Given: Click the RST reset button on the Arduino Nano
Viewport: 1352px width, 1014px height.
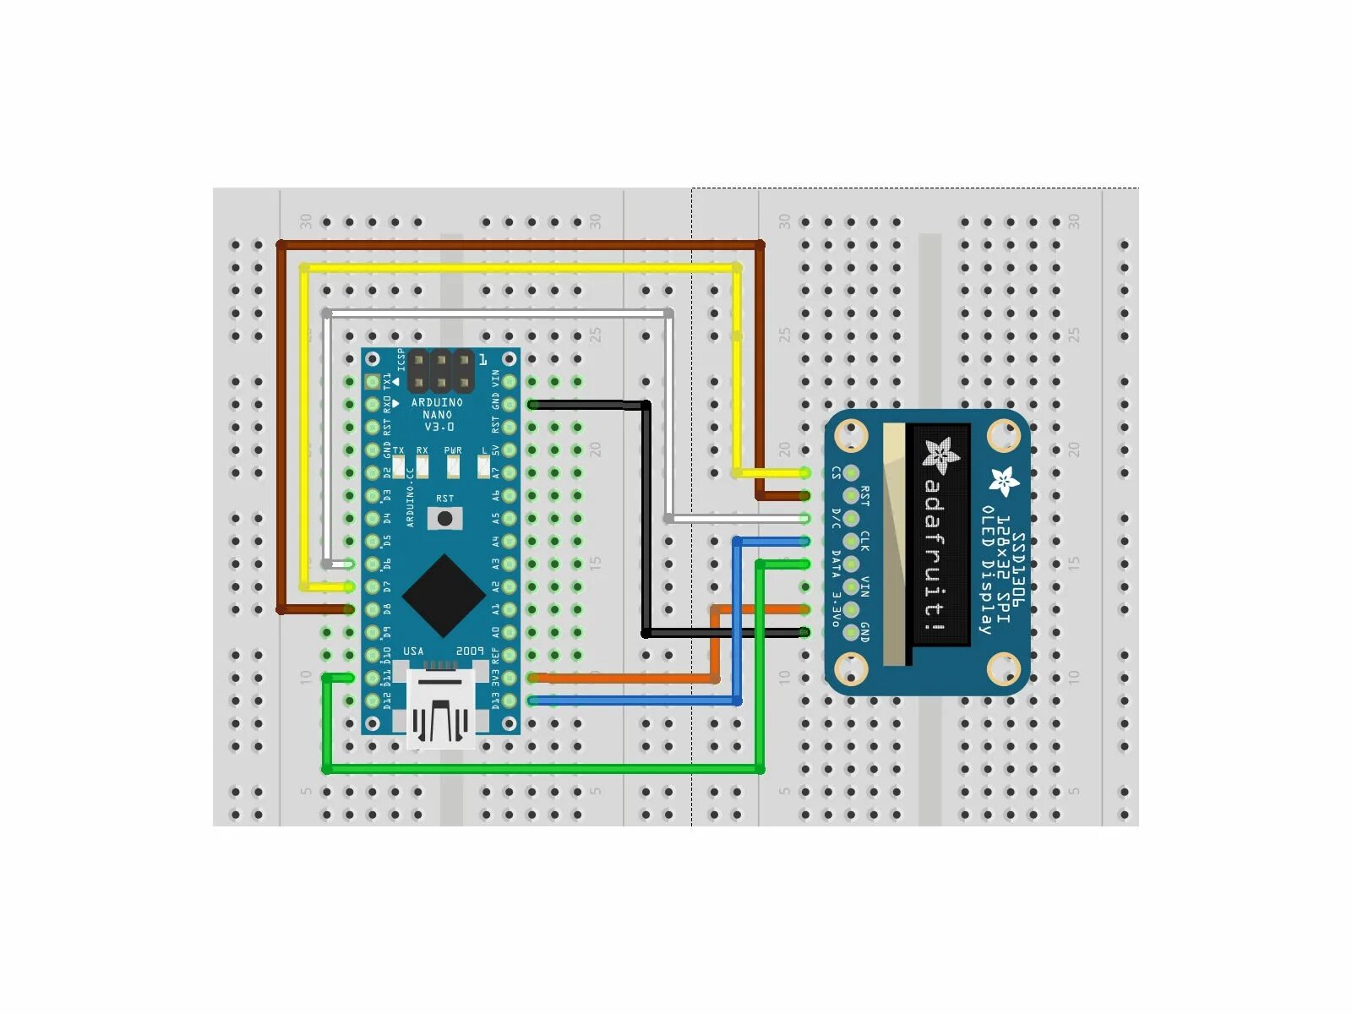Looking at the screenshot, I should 444,518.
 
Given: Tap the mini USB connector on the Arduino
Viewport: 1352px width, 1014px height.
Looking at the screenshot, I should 440,706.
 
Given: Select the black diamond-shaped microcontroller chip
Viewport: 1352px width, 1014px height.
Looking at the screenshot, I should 443,596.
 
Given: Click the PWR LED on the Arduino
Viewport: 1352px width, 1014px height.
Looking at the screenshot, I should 453,466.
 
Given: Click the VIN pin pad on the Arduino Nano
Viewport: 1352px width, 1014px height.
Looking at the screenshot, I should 510,382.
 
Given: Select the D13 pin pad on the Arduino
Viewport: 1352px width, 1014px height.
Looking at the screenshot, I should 510,701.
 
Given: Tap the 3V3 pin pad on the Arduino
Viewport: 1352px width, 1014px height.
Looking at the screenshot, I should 510,678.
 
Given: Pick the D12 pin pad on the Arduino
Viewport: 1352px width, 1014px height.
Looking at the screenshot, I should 372,701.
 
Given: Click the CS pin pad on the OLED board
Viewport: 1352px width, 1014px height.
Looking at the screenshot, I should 851,473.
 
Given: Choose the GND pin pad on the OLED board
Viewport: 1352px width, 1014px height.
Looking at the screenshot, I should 851,632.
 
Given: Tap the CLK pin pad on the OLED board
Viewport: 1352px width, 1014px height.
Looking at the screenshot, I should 851,542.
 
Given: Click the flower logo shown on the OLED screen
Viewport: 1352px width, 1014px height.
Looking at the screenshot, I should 940,455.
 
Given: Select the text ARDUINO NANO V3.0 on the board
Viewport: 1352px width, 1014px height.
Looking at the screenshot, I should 437,415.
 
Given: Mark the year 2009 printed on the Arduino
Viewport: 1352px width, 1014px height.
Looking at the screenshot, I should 470,651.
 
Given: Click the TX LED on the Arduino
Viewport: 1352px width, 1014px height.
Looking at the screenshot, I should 399,466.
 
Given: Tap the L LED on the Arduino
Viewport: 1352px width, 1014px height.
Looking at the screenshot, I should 484,466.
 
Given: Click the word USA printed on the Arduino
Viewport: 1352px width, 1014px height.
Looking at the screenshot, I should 413,651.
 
